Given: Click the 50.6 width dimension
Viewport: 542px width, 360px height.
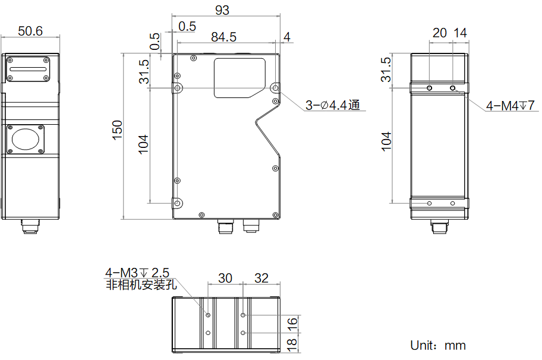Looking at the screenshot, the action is (x=30, y=31).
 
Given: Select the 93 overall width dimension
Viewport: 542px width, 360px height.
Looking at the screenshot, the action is (x=222, y=10).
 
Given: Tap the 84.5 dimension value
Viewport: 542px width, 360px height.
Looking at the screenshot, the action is (x=223, y=37).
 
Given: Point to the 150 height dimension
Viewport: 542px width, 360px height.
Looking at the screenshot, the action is (x=118, y=130).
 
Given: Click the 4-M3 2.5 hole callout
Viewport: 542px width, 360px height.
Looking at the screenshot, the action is (x=137, y=273).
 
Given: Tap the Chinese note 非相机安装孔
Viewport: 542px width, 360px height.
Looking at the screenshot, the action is (x=141, y=285).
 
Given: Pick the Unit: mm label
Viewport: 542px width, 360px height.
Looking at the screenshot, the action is (x=438, y=345).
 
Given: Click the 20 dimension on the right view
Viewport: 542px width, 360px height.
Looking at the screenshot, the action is (x=439, y=33).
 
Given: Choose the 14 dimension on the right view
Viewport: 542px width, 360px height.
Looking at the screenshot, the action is (x=460, y=33).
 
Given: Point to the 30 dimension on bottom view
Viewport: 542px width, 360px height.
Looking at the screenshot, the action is (x=225, y=278).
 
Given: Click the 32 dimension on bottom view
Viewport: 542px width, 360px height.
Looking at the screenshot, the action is (x=261, y=278).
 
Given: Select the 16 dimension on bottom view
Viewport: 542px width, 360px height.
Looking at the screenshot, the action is (x=292, y=324).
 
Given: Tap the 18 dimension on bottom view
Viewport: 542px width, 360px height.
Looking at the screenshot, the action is (x=292, y=344).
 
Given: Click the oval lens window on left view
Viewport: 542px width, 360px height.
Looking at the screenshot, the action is (x=26, y=139).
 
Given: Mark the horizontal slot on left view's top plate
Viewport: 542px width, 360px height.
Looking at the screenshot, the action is (x=28, y=69).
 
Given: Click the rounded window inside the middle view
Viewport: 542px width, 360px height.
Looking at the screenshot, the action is (x=240, y=78).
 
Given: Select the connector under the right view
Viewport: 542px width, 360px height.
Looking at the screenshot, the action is (x=439, y=226).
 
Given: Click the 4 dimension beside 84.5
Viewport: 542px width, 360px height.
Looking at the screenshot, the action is (x=287, y=37).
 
